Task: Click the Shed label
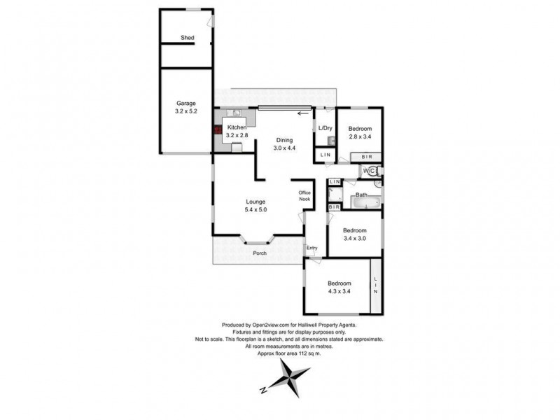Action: click(x=187, y=38)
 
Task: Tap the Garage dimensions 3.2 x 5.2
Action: click(x=186, y=111)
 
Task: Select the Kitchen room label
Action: click(x=237, y=127)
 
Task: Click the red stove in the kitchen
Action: click(x=218, y=129)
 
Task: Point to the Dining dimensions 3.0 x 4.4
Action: click(x=284, y=148)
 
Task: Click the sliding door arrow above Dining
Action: click(x=303, y=113)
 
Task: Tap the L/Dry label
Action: click(x=325, y=128)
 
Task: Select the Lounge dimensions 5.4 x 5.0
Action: click(x=255, y=209)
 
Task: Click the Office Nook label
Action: click(x=304, y=196)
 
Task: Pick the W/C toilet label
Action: click(x=370, y=171)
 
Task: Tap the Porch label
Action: click(x=260, y=253)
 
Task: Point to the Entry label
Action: click(x=311, y=248)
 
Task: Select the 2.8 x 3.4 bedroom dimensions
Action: click(x=360, y=136)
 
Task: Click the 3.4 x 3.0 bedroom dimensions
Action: click(x=355, y=238)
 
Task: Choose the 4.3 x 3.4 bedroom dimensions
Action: click(x=339, y=291)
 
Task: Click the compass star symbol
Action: click(x=289, y=378)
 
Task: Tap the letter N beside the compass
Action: click(x=263, y=390)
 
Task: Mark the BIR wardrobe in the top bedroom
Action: click(x=366, y=157)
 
